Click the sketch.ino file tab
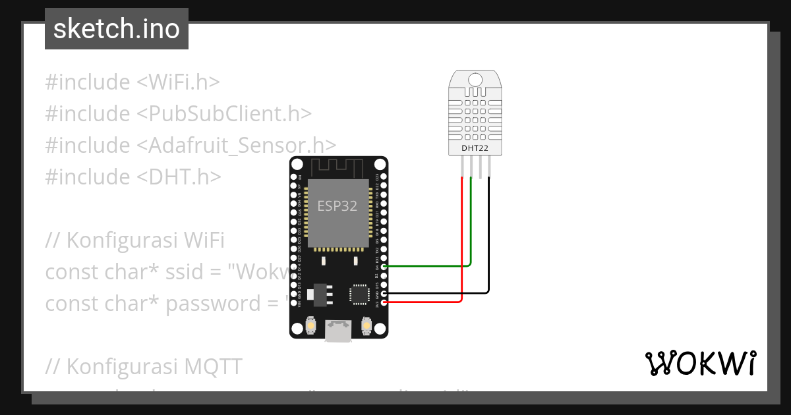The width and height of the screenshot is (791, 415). coord(117,29)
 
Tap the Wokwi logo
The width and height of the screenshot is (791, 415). coord(700,363)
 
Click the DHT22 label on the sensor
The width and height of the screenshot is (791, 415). coord(475,148)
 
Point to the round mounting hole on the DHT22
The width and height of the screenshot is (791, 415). coord(475,80)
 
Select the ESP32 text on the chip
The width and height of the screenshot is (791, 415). coord(337,206)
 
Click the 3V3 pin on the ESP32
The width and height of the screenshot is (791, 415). coord(383,302)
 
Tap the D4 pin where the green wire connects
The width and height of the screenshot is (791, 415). coord(383,266)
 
